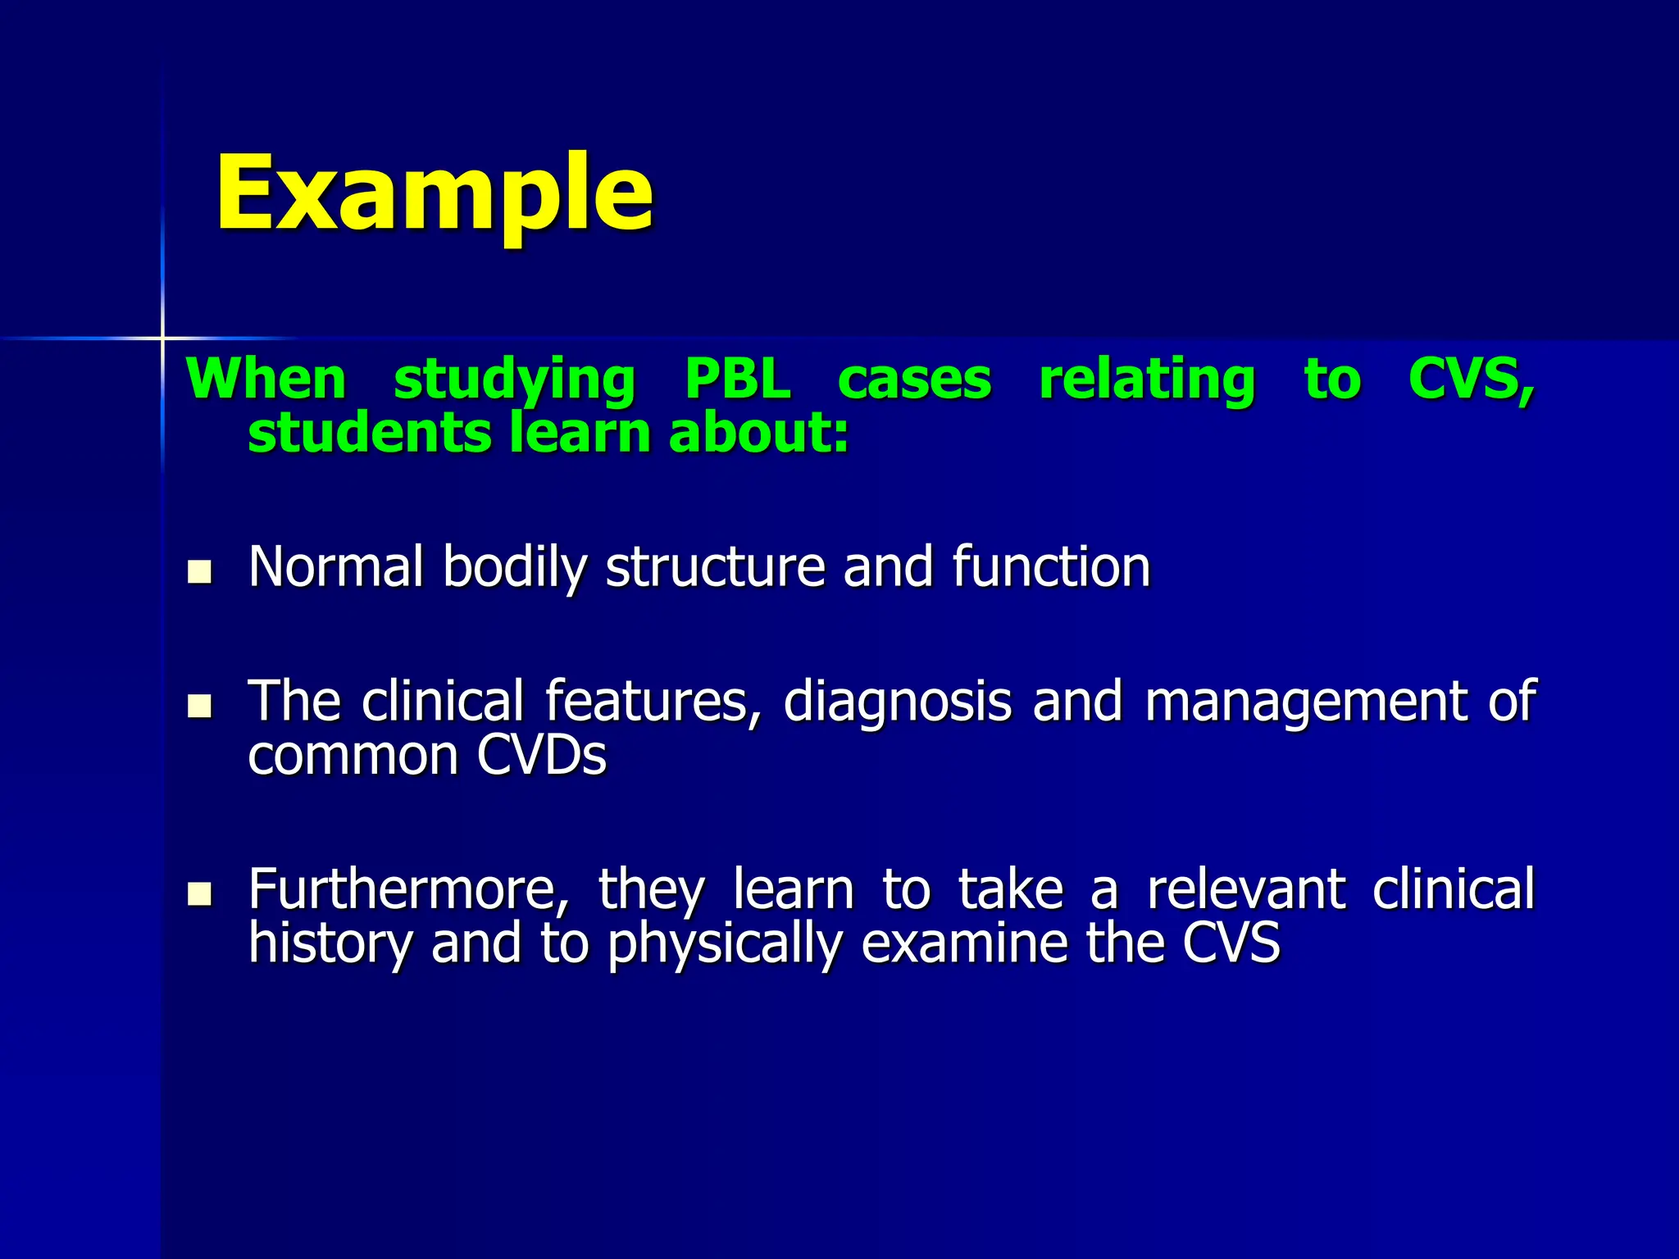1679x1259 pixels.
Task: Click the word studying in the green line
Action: pos(514,381)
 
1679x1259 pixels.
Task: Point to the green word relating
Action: pos(1147,381)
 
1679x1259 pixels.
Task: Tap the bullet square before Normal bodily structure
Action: pos(199,571)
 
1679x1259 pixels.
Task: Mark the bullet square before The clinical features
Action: pos(199,706)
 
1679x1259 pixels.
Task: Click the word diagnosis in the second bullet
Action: pos(898,702)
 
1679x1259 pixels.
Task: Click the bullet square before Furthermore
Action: pos(199,893)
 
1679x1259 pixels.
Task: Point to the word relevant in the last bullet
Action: pos(1245,889)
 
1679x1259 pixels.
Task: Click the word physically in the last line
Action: pos(725,943)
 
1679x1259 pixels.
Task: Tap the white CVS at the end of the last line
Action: pos(1231,943)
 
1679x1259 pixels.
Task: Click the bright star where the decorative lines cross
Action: pos(162,338)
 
